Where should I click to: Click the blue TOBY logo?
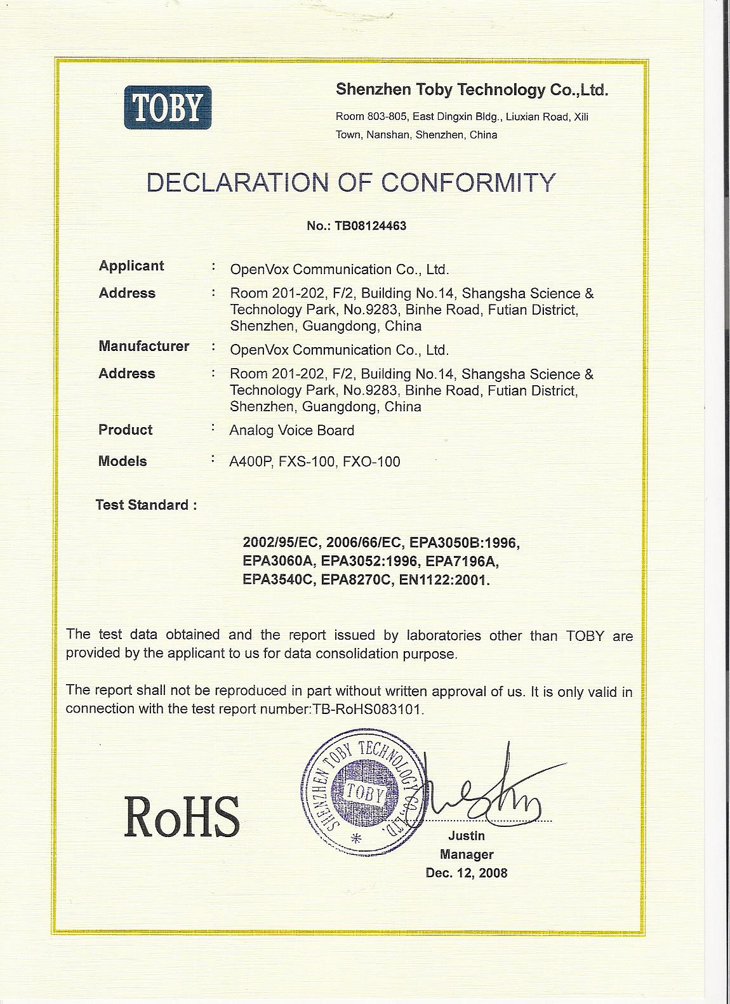(168, 108)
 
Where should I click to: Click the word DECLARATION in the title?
(236, 183)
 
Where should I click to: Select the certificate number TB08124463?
(374, 225)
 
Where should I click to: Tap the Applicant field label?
(131, 266)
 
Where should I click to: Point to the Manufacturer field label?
(143, 347)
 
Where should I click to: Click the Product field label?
(125, 430)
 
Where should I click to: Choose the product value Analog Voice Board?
(291, 430)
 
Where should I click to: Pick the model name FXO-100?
(371, 462)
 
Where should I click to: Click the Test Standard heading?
(145, 505)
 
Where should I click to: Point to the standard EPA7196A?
(464, 562)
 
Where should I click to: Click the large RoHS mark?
(182, 817)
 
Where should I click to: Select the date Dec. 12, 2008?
(467, 873)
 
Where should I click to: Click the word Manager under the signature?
(467, 854)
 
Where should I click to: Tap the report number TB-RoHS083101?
(368, 710)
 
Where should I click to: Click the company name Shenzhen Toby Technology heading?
(472, 90)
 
